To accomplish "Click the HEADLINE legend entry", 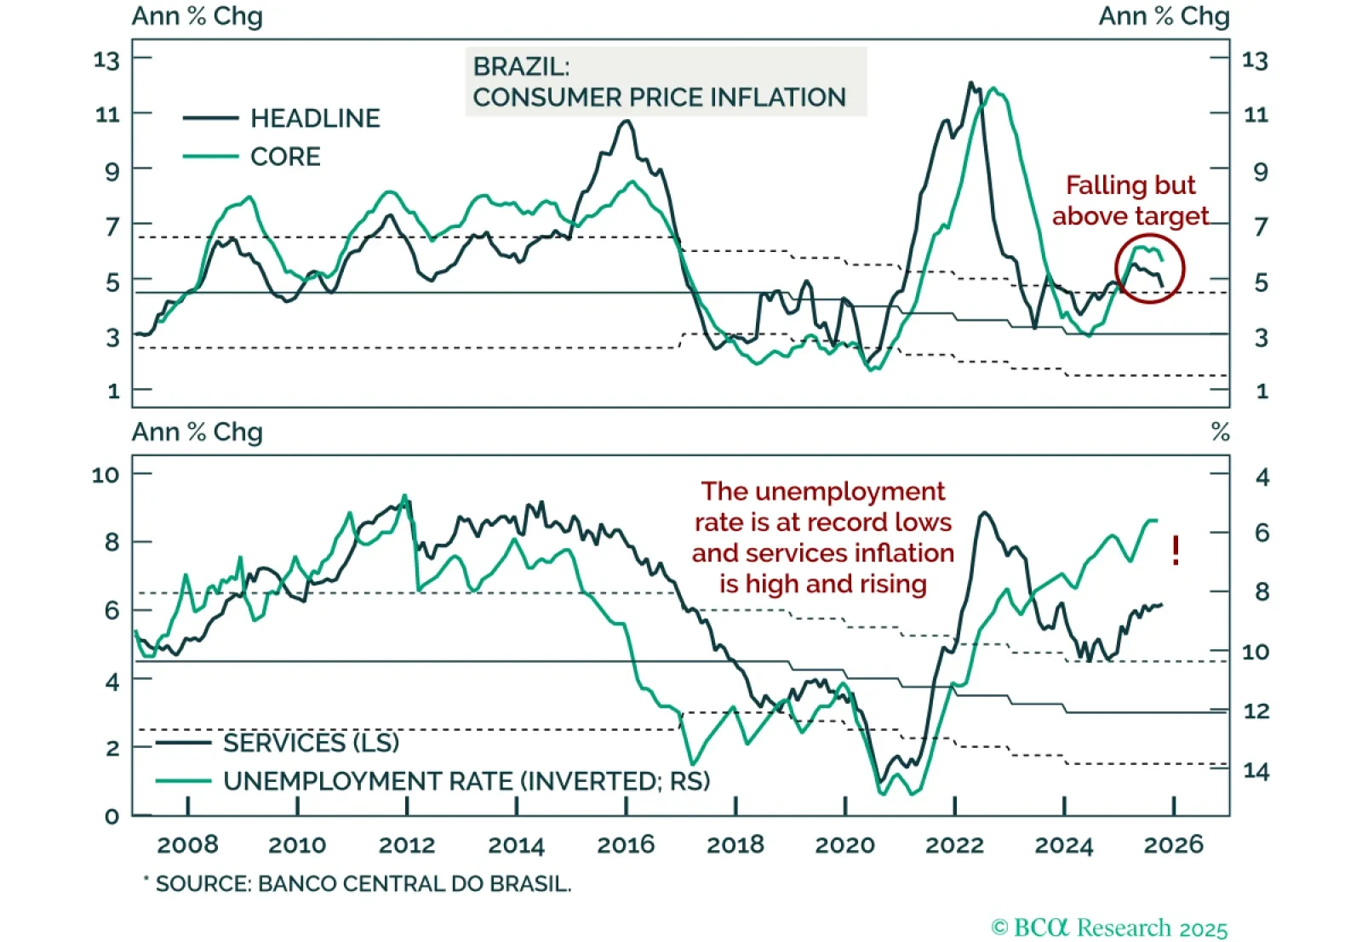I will [x=315, y=118].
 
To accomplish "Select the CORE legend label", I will [x=285, y=157].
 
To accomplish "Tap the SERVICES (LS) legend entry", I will [x=311, y=743].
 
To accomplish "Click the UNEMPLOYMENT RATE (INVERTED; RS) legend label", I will [x=466, y=781].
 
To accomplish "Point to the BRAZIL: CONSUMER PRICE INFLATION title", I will [x=660, y=82].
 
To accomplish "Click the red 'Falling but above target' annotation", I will [x=1130, y=201].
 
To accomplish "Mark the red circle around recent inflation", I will [x=1149, y=268].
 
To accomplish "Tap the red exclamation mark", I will [x=1176, y=551].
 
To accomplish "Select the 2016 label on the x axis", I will [x=626, y=845].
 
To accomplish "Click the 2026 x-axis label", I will [x=1173, y=845].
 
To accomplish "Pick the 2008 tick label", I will [x=187, y=845].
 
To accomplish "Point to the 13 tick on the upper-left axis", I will [x=107, y=60].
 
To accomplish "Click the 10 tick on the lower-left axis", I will [x=106, y=475].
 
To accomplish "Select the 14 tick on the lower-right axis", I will [x=1256, y=771].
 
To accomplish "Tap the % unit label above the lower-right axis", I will [x=1220, y=432].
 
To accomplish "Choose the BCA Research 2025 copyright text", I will [x=1109, y=928].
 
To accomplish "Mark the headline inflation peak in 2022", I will [x=970, y=83].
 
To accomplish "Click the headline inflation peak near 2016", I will [x=627, y=122].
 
